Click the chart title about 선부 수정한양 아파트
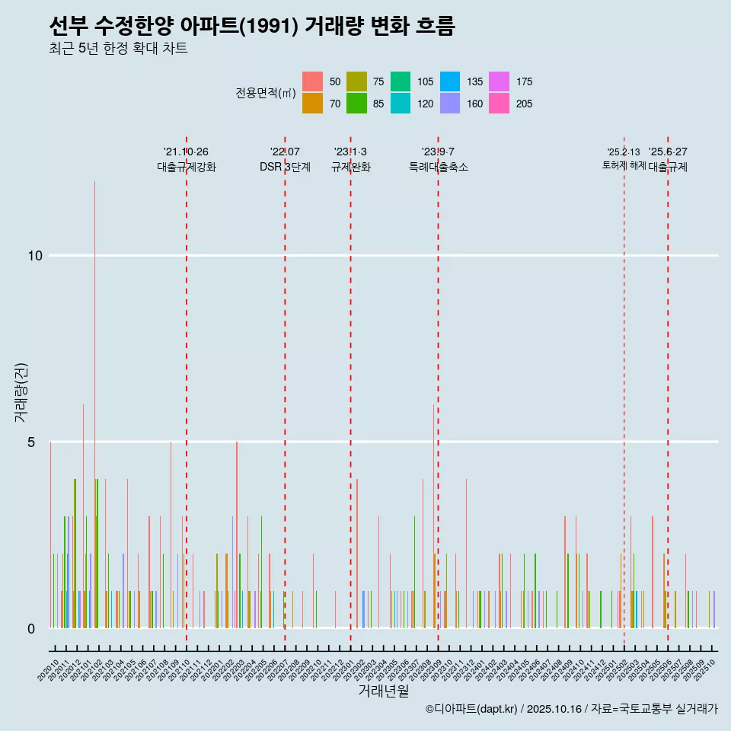pyautogui.click(x=251, y=27)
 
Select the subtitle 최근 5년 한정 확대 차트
pyautogui.click(x=118, y=49)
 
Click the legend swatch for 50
pyautogui.click(x=313, y=81)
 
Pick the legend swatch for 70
pyautogui.click(x=313, y=104)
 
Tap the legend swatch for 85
pyautogui.click(x=357, y=104)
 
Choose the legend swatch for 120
pyautogui.click(x=401, y=104)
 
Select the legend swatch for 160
pyautogui.click(x=451, y=104)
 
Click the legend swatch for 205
pyautogui.click(x=499, y=104)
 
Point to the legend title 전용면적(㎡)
pyautogui.click(x=265, y=93)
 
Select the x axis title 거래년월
pyautogui.click(x=384, y=691)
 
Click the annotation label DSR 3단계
pyautogui.click(x=285, y=168)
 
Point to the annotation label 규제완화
pyautogui.click(x=350, y=168)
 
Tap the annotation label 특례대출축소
pyautogui.click(x=438, y=168)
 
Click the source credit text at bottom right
pyautogui.click(x=571, y=710)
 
